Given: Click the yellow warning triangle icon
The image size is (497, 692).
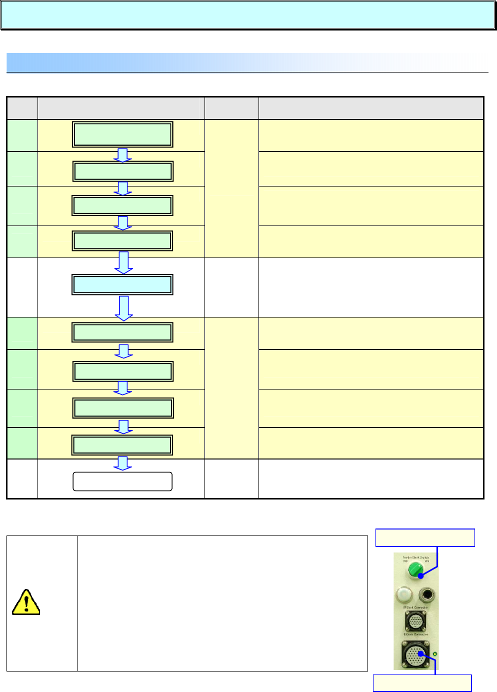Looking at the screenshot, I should click(26, 602).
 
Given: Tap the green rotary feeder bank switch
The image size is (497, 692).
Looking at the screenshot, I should click(415, 569).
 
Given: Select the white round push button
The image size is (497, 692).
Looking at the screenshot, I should click(404, 594).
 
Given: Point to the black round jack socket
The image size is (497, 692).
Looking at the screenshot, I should click(426, 595).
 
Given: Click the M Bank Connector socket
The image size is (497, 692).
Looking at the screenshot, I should click(415, 621).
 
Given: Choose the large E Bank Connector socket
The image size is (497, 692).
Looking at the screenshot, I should click(415, 654).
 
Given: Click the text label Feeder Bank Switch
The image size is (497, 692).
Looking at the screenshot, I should click(416, 557).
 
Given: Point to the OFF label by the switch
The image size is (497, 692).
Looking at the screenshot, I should click(405, 561).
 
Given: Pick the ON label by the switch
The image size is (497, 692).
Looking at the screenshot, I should click(426, 561).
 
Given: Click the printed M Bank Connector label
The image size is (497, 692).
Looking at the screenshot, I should click(415, 607).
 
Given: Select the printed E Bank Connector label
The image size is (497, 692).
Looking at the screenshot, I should click(415, 634).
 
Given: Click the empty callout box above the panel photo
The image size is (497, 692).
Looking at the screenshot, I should click(425, 537).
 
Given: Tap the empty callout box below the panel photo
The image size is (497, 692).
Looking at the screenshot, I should click(422, 683).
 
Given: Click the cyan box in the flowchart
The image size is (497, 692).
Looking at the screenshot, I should click(122, 284).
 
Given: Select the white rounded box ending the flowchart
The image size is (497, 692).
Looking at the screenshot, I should click(122, 481).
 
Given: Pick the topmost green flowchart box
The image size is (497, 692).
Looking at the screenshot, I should click(122, 134).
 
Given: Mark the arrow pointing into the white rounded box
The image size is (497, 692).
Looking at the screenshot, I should click(123, 463).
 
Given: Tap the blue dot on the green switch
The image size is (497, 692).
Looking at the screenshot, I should click(421, 576).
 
